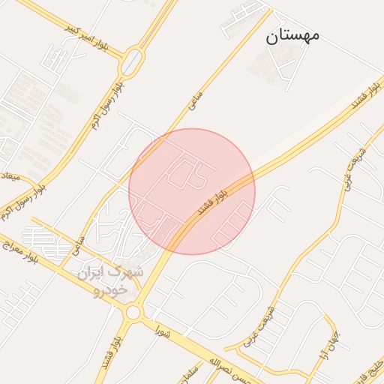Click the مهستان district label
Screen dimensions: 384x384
coord(292,35)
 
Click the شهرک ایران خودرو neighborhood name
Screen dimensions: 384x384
coord(110,280)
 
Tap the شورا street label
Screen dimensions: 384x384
coord(164,330)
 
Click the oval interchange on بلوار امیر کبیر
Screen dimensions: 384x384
coord(132,61)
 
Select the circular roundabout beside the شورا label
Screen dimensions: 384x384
coord(134,310)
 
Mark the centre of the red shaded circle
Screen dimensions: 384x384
coord(192,191)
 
